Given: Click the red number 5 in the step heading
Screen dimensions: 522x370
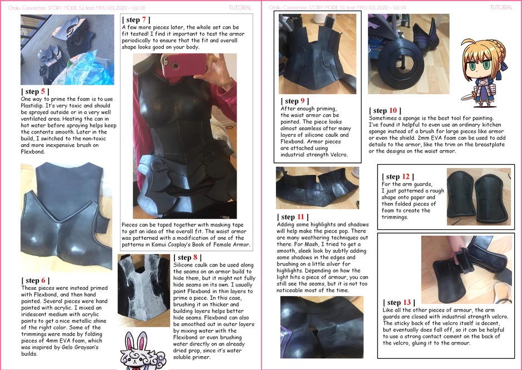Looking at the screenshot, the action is (43, 91).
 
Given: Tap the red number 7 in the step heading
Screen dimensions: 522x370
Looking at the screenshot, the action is (144, 19).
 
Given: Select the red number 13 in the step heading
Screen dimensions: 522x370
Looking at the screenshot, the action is (407, 302).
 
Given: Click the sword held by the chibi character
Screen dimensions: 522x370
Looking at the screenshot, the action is (468, 97).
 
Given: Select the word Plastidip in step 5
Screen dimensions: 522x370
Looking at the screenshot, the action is (32, 105).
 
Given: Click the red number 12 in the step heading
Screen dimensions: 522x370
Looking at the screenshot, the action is (406, 176).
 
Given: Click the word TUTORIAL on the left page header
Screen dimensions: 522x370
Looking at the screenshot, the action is (240, 8).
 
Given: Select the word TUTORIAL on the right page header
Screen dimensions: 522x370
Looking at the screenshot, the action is (501, 7).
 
